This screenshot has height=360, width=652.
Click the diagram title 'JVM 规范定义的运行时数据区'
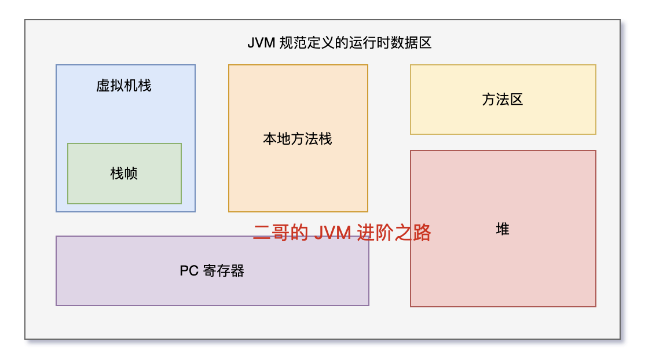(x=340, y=43)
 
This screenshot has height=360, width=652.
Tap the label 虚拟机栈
(x=124, y=86)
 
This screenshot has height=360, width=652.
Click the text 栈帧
(x=124, y=173)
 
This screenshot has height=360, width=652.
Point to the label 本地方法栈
(x=298, y=139)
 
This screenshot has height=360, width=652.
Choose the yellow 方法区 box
(x=503, y=119)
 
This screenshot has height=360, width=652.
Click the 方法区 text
(x=503, y=100)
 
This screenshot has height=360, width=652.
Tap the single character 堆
(x=503, y=229)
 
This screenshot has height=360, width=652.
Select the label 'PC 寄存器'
(x=212, y=271)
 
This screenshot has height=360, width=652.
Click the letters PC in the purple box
(x=189, y=271)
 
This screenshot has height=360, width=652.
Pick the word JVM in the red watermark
(x=332, y=233)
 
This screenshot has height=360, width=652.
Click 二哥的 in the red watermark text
(x=280, y=233)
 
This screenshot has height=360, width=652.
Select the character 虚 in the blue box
(x=103, y=86)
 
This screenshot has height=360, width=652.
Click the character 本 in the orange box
(x=270, y=139)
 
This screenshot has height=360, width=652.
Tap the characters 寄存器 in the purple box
(x=224, y=271)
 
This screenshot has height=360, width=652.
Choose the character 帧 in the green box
(x=131, y=173)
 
